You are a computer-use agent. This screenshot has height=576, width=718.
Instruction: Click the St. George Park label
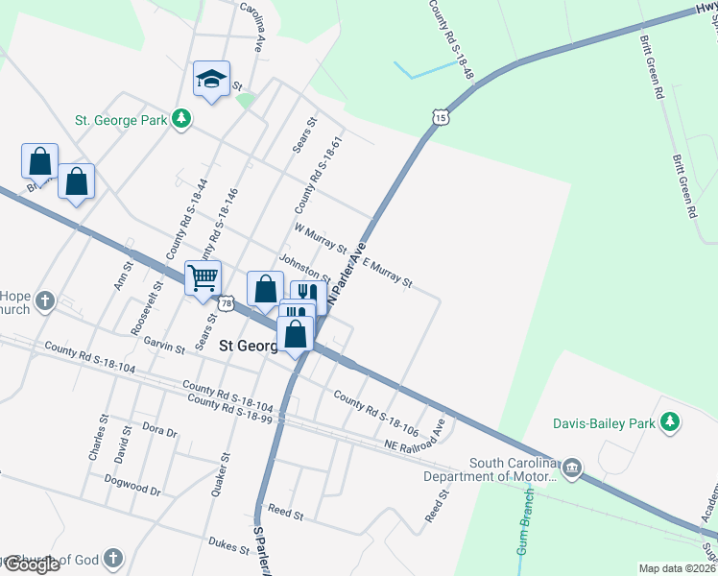[x=121, y=120]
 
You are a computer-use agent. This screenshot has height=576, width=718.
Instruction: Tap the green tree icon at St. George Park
[x=180, y=119]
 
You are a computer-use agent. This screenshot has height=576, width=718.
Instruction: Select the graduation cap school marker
[x=211, y=79]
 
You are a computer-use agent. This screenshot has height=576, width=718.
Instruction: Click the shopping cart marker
[x=203, y=278]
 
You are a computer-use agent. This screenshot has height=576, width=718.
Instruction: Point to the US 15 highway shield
[x=440, y=116]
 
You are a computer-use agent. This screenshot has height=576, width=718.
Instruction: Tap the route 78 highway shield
[x=226, y=303]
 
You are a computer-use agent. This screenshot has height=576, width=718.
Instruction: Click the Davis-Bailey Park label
[x=603, y=422]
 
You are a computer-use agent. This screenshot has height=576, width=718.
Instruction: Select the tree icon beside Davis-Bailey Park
[x=671, y=421]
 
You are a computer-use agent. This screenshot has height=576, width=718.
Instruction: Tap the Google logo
[x=31, y=565]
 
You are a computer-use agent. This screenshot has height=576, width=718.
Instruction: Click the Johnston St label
[x=303, y=268]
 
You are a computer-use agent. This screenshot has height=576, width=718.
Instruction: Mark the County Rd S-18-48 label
[x=452, y=38]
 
